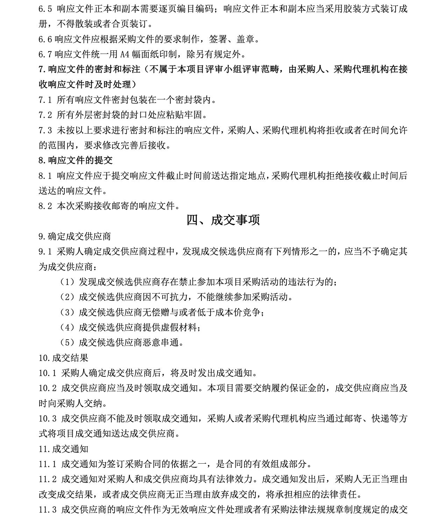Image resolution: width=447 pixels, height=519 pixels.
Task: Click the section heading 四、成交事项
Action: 223,220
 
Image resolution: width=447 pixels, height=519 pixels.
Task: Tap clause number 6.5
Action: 45,9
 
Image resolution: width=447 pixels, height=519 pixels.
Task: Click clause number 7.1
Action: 45,100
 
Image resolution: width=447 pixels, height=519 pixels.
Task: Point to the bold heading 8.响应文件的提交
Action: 76,160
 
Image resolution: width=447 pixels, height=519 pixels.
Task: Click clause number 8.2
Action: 45,206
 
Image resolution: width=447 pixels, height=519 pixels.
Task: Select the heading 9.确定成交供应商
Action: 74,236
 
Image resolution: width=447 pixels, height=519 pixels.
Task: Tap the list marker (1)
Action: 67,282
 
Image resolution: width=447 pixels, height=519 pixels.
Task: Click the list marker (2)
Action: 67,297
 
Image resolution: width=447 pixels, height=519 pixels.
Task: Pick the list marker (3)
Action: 67,312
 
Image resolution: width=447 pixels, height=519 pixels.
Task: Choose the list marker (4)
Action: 67,327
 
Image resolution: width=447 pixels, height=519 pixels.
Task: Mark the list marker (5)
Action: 67,342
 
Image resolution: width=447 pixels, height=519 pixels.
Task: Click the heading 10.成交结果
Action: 63,358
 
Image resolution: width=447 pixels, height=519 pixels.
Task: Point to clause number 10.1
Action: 47,373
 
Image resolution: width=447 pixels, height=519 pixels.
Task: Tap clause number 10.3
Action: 47,418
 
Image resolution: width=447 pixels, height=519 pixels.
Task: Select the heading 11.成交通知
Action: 63,449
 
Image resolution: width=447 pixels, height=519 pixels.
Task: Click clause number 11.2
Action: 47,479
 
